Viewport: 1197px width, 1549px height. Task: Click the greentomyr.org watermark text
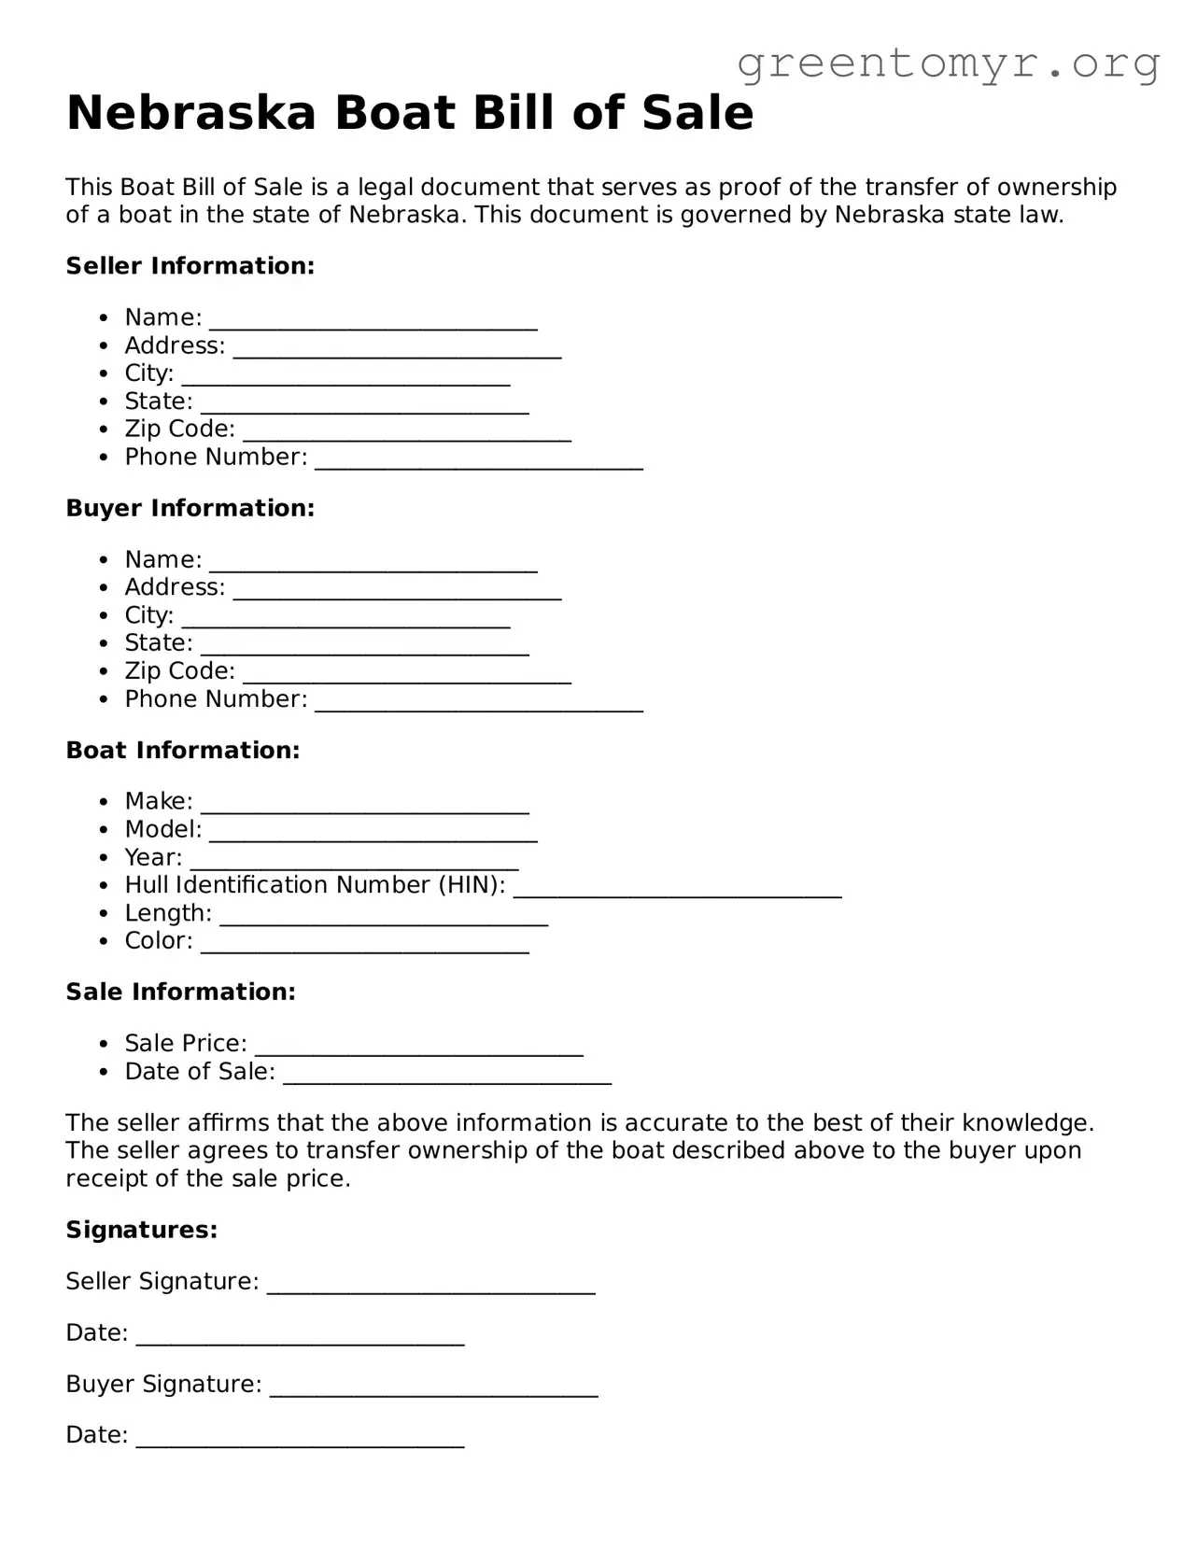[x=948, y=63]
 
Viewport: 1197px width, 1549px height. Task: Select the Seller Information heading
[x=190, y=266]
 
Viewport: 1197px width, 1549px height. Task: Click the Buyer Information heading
[x=190, y=508]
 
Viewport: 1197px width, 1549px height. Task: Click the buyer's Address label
[x=175, y=587]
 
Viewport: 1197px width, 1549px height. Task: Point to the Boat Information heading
[x=183, y=751]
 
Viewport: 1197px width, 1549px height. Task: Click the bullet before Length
[x=106, y=914]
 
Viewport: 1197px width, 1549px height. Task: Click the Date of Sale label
[x=200, y=1072]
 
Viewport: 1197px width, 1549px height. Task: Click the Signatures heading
[x=142, y=1230]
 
